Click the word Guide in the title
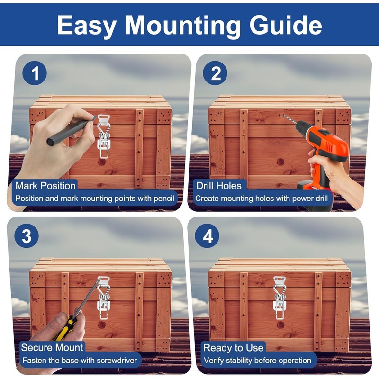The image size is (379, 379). click(x=286, y=26)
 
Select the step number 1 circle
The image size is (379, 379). click(x=35, y=73)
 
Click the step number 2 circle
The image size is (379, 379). click(x=215, y=73)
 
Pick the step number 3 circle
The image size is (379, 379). click(x=27, y=235)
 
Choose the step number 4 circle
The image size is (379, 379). click(x=207, y=235)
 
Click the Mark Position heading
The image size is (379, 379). click(x=45, y=186)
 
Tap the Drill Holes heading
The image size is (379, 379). click(x=219, y=186)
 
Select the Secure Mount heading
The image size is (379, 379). click(x=52, y=348)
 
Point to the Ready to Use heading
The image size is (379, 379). click(x=233, y=348)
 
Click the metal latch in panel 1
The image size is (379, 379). click(x=104, y=136)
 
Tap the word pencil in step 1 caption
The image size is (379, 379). click(x=164, y=199)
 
